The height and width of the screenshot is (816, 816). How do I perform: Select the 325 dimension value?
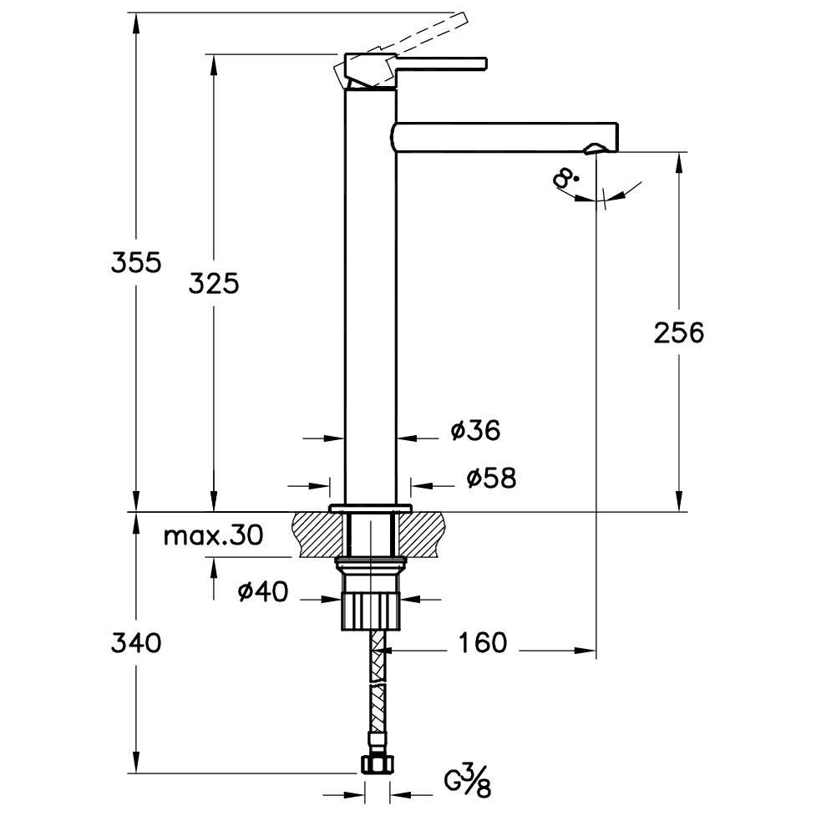click(213, 284)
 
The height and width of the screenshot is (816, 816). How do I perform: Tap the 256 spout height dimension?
click(679, 332)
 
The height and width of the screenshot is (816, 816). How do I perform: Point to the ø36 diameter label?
click(476, 431)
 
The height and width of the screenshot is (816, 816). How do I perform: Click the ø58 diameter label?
click(492, 479)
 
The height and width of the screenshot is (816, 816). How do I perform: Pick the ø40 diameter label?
click(263, 591)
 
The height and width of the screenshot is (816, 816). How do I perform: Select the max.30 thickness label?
click(213, 535)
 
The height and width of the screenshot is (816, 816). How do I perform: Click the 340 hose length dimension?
click(136, 643)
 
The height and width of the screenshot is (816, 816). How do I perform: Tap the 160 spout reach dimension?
click(482, 643)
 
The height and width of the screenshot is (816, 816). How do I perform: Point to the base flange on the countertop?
click(370, 508)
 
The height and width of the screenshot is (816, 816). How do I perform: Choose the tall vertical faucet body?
click(371, 296)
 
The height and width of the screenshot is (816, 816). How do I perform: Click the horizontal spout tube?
click(504, 137)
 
